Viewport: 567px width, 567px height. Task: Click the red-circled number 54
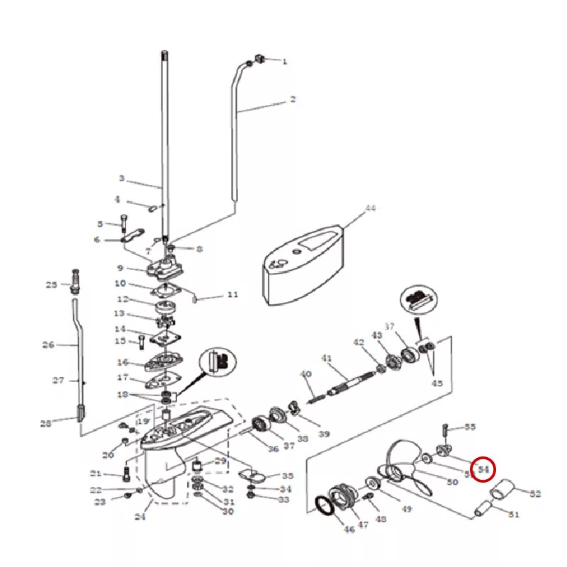485,468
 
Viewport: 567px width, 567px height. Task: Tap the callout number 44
370,208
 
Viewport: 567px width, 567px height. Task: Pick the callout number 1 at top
285,62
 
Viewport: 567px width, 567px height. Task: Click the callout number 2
292,100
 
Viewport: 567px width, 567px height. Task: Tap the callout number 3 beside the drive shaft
121,178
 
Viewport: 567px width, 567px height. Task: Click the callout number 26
48,345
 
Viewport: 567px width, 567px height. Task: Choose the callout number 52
535,493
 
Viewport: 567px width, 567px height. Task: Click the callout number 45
437,383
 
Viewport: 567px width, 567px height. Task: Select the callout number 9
120,268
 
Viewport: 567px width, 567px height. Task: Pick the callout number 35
287,476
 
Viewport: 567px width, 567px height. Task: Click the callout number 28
46,423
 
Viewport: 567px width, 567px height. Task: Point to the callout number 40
305,374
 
